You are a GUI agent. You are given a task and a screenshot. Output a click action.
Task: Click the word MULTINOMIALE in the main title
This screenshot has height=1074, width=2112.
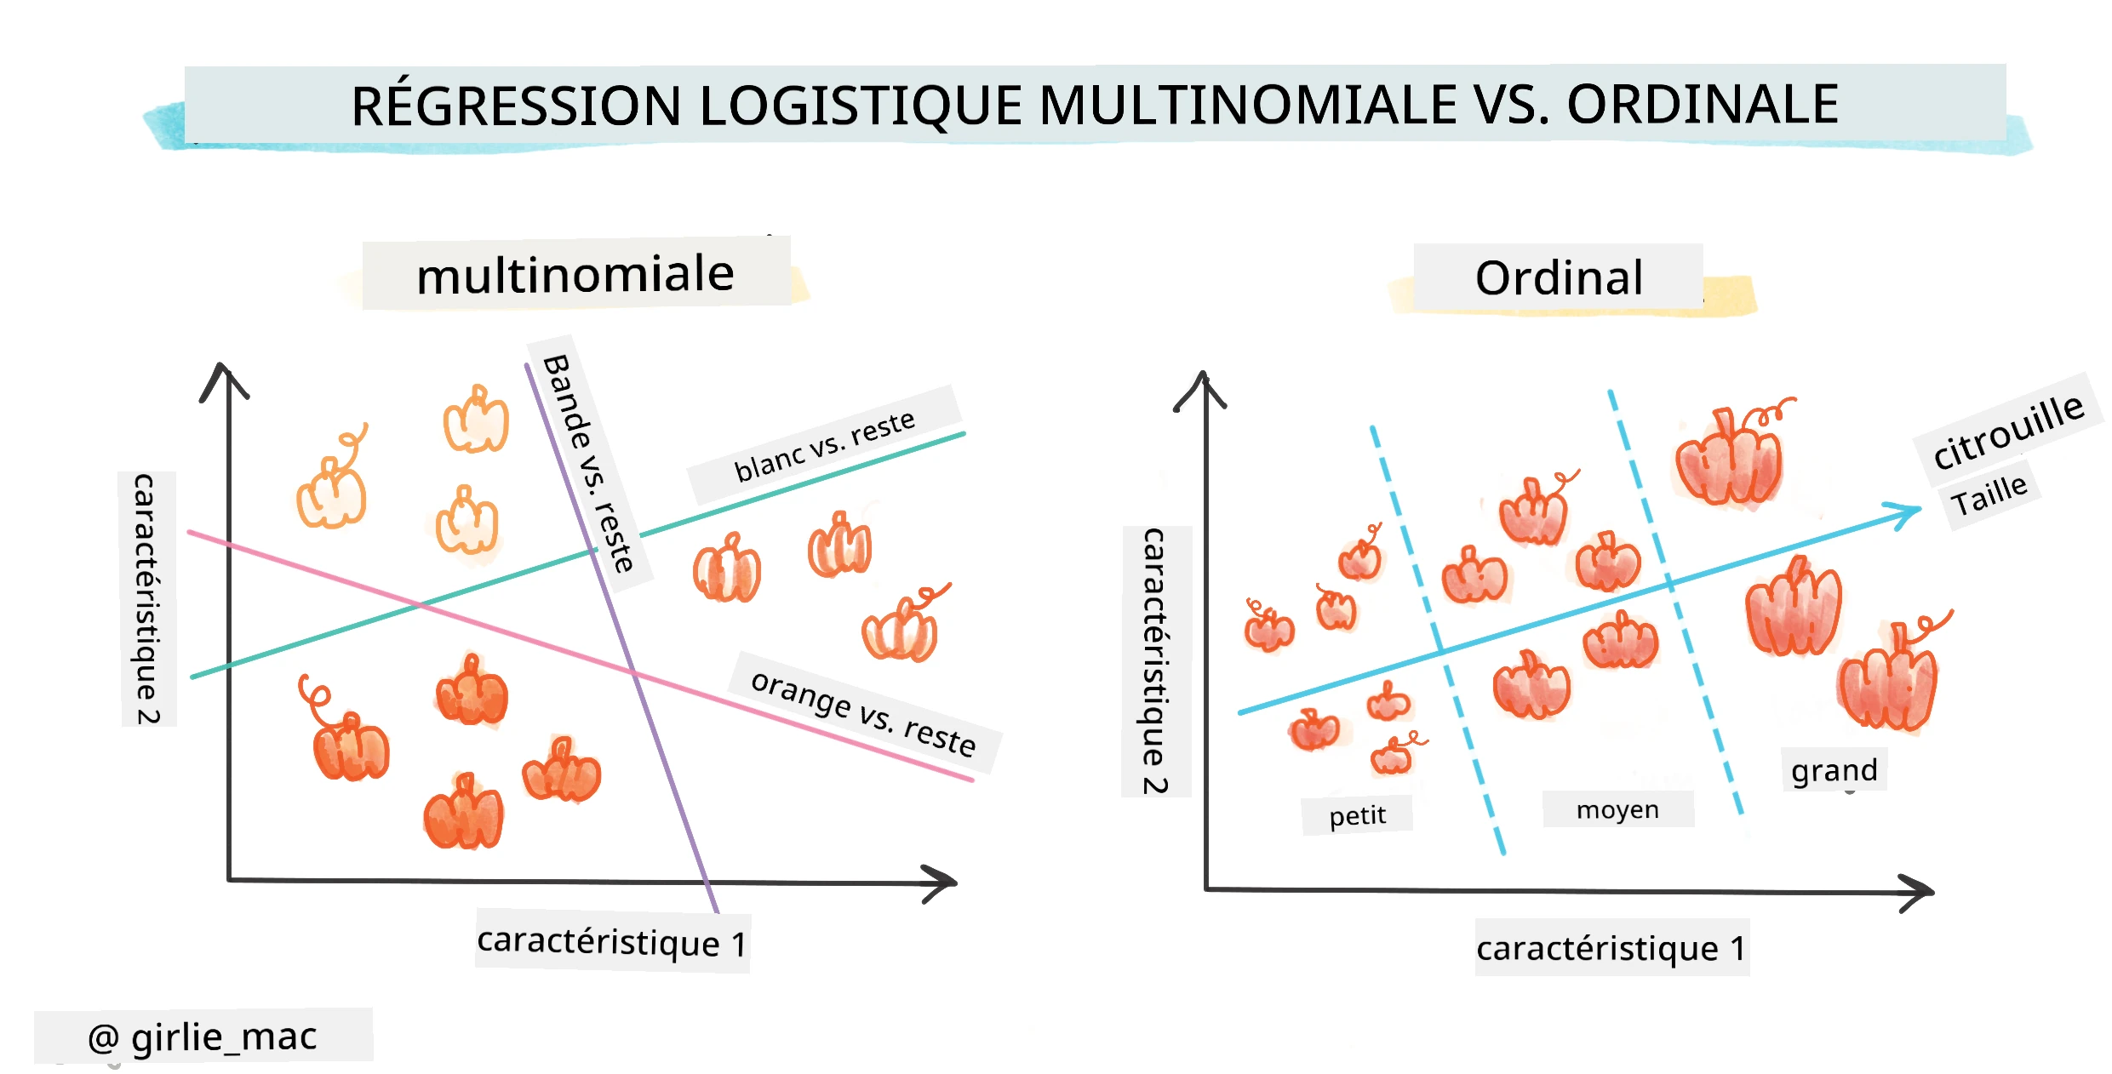pos(1249,106)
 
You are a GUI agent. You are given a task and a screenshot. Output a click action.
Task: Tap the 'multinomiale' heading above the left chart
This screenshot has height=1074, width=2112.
pos(575,275)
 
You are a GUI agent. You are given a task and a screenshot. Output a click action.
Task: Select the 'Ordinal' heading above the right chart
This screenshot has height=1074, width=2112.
pos(1559,277)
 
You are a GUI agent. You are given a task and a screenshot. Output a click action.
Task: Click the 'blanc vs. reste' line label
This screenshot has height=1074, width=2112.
pos(824,447)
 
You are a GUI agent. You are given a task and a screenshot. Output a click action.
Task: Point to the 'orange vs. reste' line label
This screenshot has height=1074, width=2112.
pos(864,712)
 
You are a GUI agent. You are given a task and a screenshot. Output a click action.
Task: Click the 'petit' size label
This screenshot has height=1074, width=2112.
pos(1357,815)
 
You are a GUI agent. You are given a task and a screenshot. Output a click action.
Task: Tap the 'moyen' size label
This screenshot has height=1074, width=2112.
pos(1617,809)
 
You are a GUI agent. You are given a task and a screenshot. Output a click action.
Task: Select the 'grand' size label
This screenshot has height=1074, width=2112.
pos(1834,770)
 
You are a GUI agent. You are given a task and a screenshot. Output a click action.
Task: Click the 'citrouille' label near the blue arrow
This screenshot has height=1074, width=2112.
pos(2008,431)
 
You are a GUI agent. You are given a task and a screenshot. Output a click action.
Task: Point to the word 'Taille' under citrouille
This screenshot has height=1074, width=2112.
pos(1990,494)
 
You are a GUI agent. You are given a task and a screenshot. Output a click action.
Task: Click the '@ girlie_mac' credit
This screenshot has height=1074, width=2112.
pos(203,1037)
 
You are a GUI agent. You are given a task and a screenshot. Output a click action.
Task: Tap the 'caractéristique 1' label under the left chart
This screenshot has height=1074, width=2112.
pos(612,942)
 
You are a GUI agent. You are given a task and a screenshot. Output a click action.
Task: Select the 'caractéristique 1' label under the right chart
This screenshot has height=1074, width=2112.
pos(1611,948)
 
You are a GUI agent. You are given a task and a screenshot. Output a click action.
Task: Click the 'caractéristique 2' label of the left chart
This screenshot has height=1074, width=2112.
pos(146,599)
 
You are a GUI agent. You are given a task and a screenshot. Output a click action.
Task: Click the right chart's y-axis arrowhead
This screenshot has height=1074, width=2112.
pos(1201,389)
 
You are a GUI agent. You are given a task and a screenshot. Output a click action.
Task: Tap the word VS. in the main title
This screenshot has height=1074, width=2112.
pos(1511,106)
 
